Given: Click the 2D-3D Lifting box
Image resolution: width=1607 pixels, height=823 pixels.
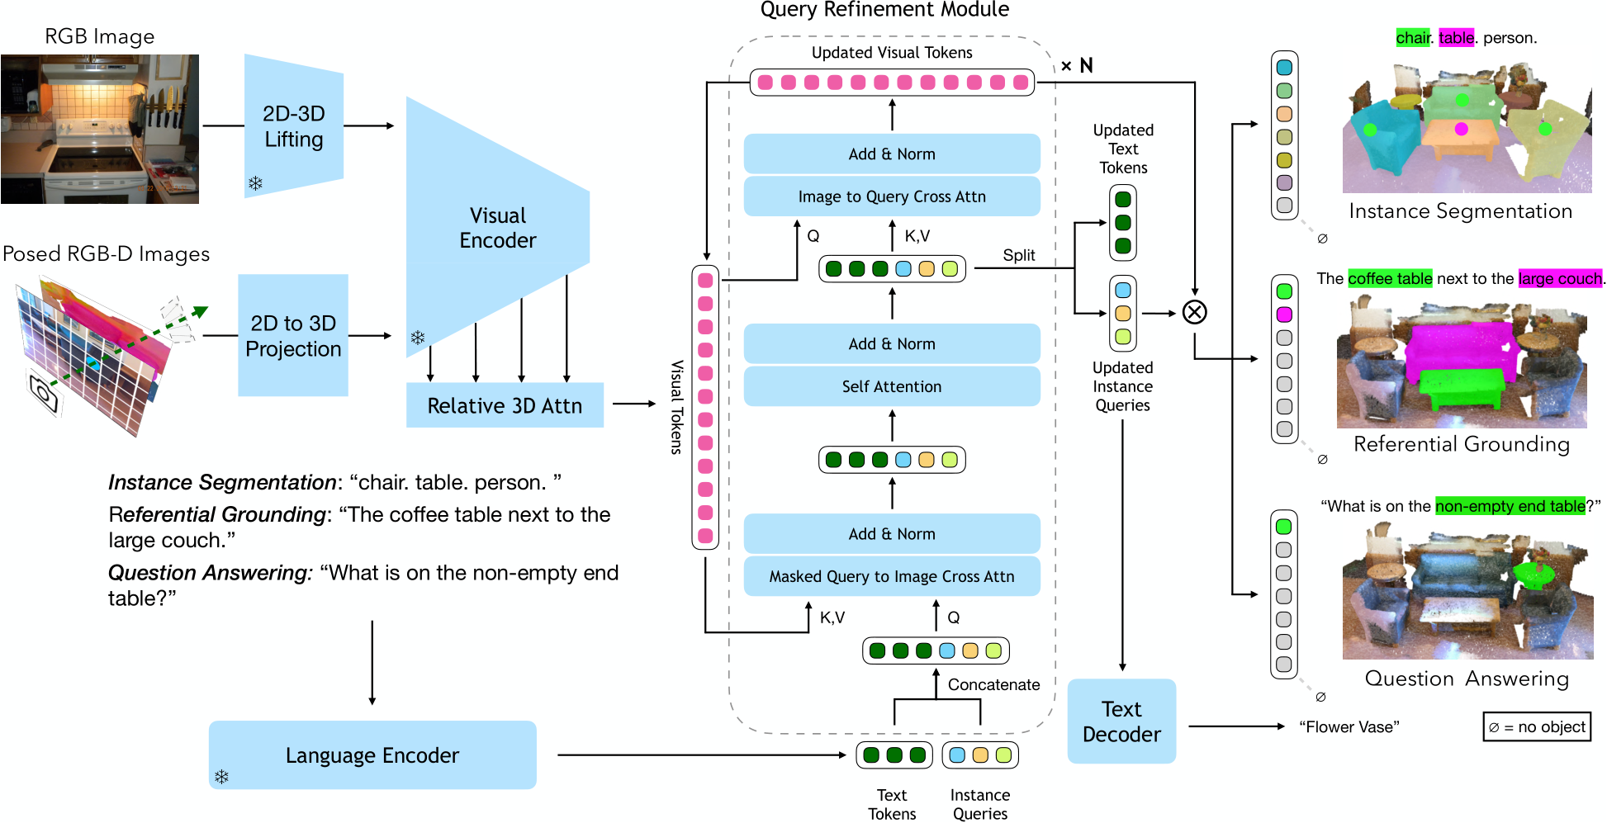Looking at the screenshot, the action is point(294,126).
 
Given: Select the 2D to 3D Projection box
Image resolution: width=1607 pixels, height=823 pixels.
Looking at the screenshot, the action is point(293,335).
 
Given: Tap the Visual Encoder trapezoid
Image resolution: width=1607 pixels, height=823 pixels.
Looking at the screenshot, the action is point(498,228).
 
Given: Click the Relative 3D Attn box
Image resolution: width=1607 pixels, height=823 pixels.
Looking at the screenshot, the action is point(505,405).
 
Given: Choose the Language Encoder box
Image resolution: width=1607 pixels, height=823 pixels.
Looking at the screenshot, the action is point(372,754).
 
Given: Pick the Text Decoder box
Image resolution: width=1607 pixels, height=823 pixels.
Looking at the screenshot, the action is point(1121,721).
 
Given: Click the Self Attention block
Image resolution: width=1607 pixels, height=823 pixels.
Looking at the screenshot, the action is point(892,386).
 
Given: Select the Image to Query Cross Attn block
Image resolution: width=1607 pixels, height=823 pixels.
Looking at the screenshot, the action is point(892,196).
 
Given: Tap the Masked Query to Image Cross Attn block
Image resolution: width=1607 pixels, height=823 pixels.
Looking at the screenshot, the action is point(892,576).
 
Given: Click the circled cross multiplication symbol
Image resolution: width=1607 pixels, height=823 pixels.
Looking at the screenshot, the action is point(1195,312).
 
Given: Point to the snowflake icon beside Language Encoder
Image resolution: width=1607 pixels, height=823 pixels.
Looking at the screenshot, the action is point(221,777).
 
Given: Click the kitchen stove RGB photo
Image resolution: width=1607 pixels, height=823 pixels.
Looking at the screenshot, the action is point(100,129).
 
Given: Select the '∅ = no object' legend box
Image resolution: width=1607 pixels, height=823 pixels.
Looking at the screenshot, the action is point(1537,726).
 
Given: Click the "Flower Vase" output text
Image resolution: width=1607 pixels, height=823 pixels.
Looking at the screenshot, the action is point(1349,726).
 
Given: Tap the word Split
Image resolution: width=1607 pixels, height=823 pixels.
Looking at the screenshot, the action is point(1019,255).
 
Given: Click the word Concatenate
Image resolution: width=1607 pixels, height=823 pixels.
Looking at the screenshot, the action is point(994,684).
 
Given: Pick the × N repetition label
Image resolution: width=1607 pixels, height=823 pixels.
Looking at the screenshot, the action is point(1077,65).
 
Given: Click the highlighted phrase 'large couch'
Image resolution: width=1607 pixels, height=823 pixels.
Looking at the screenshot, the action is point(1560,278).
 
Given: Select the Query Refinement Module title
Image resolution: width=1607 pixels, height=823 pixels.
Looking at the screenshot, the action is point(884,10).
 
